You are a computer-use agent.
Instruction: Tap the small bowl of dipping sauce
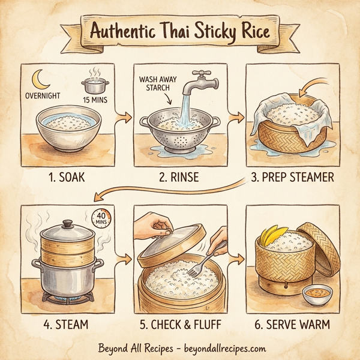[316, 294]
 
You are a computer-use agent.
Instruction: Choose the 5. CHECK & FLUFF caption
[179, 325]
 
